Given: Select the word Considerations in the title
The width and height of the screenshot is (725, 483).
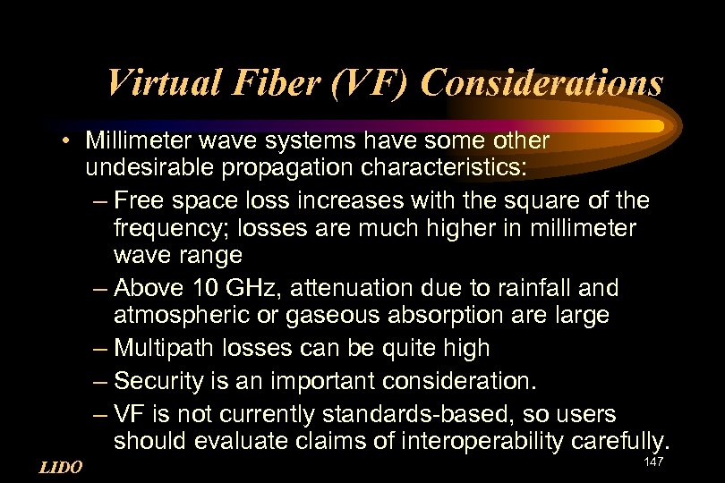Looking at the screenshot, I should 542,83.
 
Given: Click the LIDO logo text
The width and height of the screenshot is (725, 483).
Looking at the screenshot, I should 62,467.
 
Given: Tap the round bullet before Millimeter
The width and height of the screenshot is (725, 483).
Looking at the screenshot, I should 68,141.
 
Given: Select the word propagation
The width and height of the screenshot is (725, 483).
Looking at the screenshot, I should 264,168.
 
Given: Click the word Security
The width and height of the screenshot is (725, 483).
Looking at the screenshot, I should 158,381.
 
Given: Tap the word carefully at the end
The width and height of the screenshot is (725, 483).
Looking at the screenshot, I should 624,440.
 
